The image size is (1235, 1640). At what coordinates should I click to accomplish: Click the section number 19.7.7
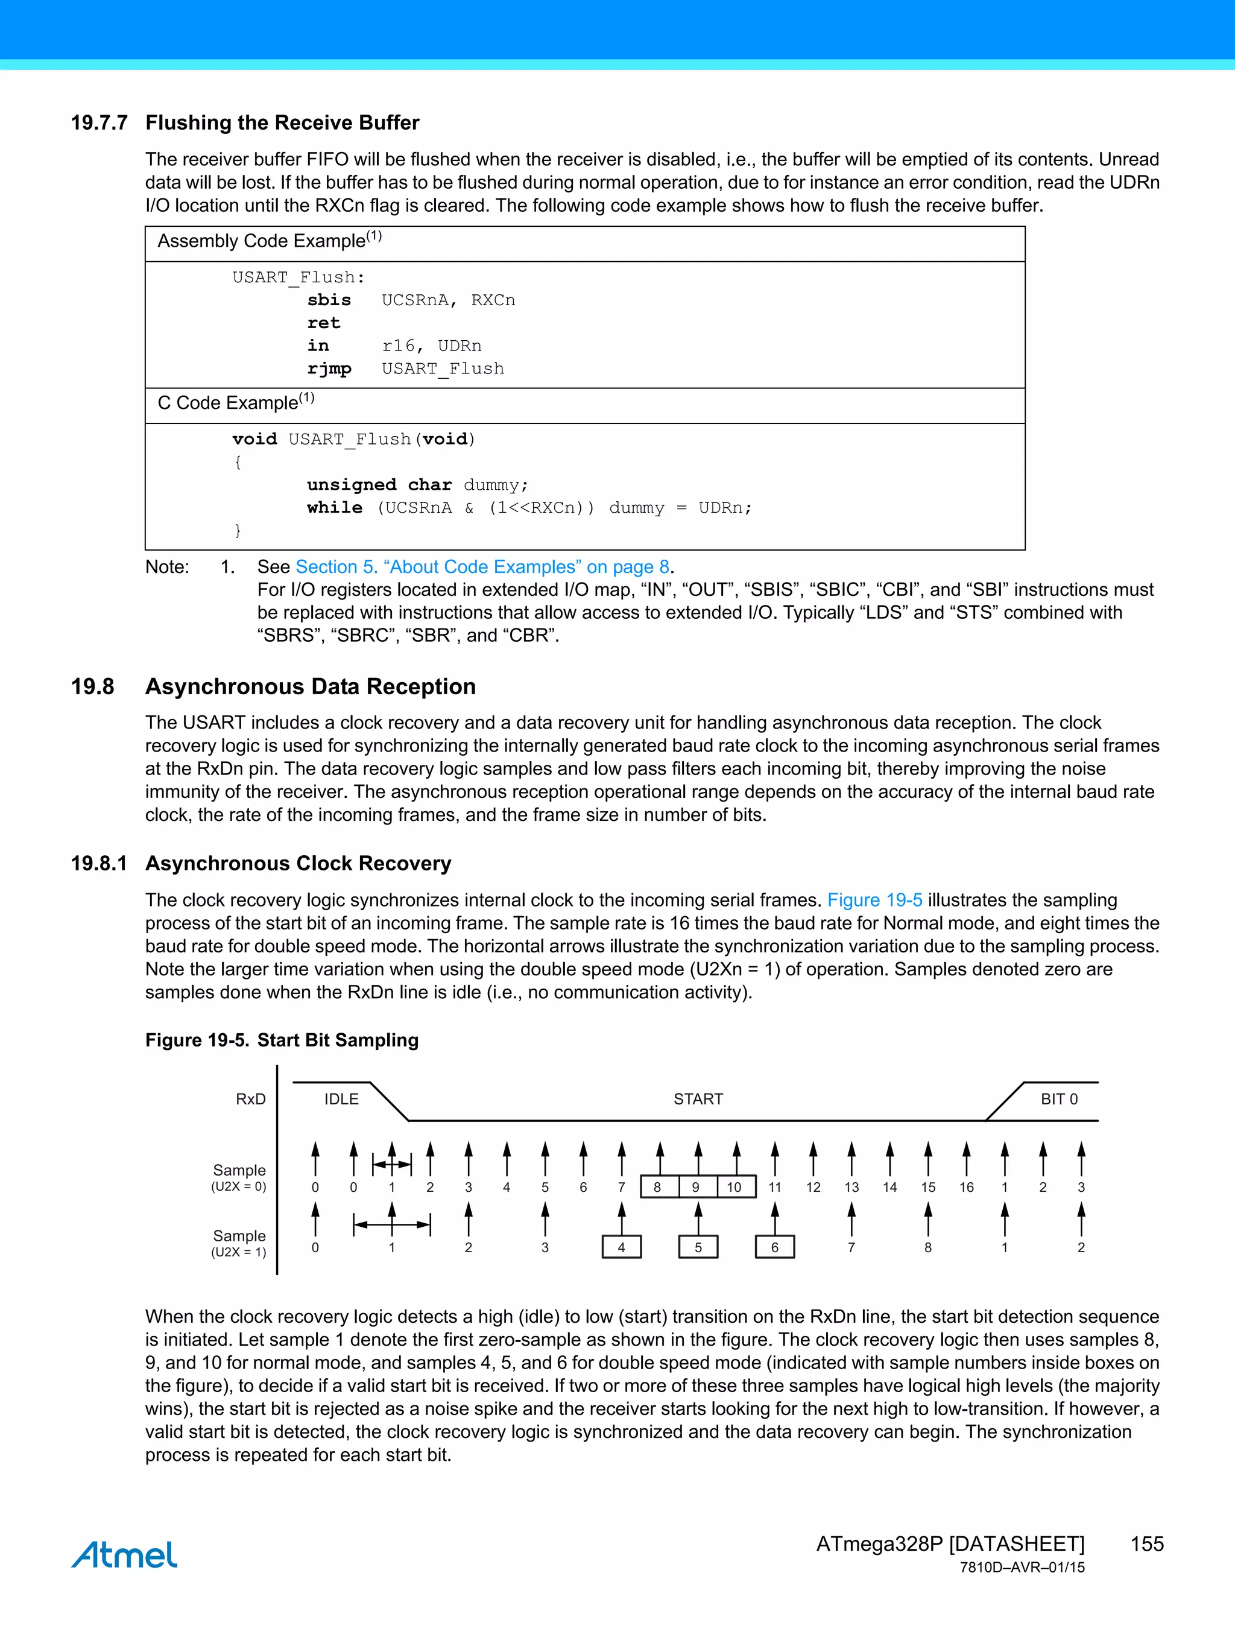[x=99, y=122]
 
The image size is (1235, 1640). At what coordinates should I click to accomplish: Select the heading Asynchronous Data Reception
[x=311, y=686]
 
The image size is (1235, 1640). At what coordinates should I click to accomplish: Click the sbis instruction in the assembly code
[x=329, y=300]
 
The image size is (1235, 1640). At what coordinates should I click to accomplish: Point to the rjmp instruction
[x=329, y=369]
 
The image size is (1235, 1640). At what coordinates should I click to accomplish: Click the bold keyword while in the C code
[x=334, y=508]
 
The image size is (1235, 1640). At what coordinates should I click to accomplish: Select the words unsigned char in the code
[x=379, y=485]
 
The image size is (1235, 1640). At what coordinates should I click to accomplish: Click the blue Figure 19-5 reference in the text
[x=875, y=900]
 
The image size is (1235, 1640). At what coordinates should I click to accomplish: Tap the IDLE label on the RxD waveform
[x=341, y=1099]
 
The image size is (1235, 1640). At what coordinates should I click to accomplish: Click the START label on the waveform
[x=698, y=1099]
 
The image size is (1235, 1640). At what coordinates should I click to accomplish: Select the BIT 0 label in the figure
[x=1058, y=1099]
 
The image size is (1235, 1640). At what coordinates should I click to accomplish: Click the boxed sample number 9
[x=695, y=1187]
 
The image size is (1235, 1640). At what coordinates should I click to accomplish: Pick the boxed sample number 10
[x=734, y=1187]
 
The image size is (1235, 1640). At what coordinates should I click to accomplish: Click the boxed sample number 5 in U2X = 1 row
[x=698, y=1247]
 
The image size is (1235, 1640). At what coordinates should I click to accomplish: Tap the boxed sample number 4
[x=621, y=1247]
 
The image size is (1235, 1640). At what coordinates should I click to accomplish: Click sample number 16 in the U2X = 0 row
[x=967, y=1187]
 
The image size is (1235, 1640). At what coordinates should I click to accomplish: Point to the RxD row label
[x=251, y=1099]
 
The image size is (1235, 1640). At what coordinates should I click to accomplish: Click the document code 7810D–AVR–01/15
[x=1022, y=1568]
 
